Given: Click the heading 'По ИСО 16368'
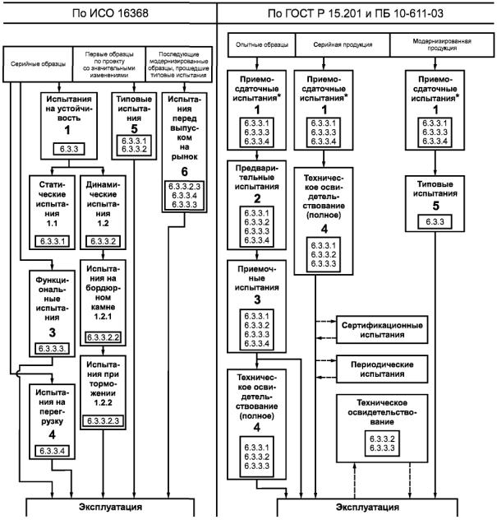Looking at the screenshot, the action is pos(110,13).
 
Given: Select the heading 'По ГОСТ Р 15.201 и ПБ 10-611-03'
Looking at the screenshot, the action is pos(355,13).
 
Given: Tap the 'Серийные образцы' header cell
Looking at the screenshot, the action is pos(38,64).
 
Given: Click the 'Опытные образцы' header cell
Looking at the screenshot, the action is pos(262,44).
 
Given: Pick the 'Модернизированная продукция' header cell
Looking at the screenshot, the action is pos(442,44).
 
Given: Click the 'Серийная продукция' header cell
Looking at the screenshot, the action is pos(343,44).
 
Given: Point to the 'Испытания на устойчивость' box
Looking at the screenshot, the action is pos(69,126).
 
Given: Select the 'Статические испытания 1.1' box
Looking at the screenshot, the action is pos(53,212).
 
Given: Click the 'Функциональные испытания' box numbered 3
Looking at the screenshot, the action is pos(53,313).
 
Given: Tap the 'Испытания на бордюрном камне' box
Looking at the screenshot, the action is pos(103,303).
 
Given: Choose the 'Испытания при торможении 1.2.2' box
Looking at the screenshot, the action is pos(103,392).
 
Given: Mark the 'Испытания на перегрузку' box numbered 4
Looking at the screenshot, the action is pos(53,422).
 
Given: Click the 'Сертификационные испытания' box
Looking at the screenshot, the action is pos(382,330).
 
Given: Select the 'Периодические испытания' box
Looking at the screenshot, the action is pos(382,369).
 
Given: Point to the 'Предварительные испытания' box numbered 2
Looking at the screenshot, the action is pos(257,205).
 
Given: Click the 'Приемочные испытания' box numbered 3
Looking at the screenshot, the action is pos(257,306).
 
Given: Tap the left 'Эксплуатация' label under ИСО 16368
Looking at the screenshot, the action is pos(110,507).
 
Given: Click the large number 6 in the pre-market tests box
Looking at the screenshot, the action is pos(184,172).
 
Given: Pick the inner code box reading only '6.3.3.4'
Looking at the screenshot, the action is pos(53,451).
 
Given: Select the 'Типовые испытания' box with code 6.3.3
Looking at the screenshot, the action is pos(435,203).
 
